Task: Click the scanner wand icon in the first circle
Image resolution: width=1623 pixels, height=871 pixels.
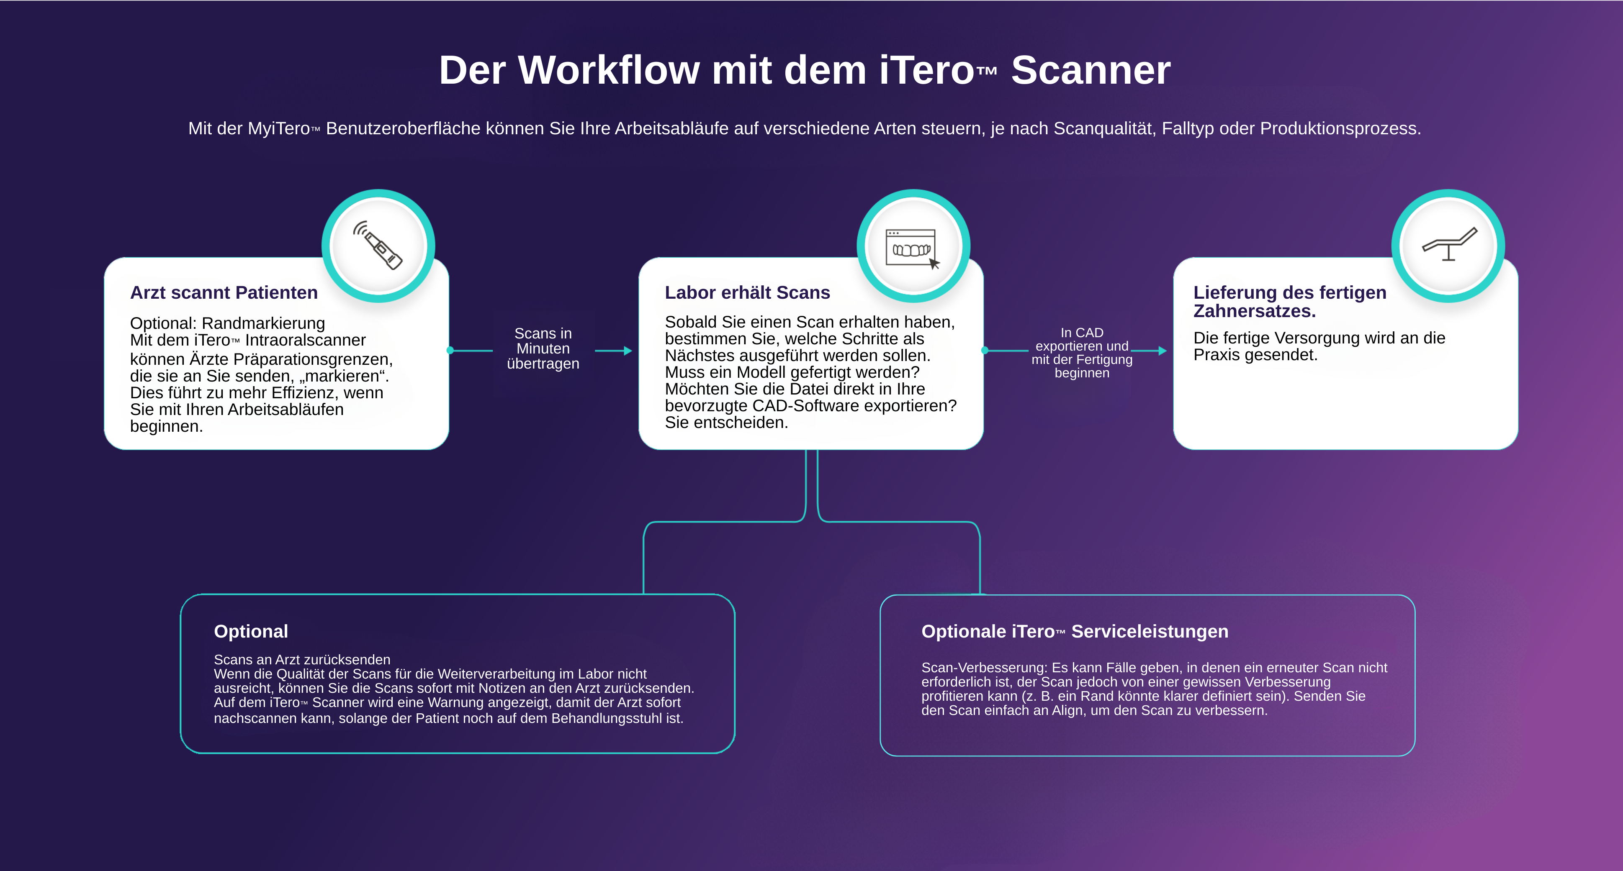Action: (378, 246)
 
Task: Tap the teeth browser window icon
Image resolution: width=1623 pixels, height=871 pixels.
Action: (912, 248)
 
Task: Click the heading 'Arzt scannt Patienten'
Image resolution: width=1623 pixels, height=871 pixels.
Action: (224, 293)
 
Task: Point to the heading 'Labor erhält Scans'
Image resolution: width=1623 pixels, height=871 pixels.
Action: (747, 293)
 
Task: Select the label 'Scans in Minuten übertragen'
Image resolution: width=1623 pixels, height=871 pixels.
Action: (543, 348)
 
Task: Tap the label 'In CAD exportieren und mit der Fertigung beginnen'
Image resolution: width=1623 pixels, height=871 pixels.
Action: (1082, 353)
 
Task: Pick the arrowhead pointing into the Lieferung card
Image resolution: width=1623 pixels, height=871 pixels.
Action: (1163, 351)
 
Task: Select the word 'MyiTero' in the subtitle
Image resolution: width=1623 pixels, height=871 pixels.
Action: (278, 128)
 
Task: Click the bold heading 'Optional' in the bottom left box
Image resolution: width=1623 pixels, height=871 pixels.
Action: (251, 632)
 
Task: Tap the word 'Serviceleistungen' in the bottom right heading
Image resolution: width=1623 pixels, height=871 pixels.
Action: (1150, 632)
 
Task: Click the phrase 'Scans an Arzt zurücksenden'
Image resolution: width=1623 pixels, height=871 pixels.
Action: (302, 659)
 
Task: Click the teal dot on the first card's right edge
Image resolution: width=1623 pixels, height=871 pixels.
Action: (450, 350)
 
